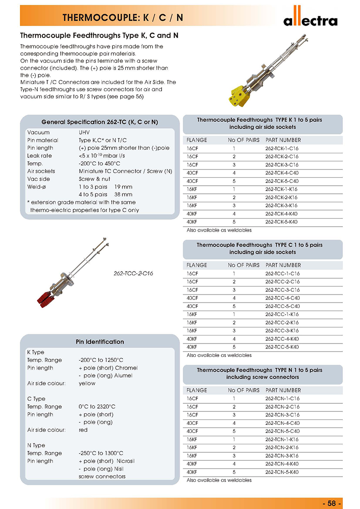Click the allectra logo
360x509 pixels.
[310, 19]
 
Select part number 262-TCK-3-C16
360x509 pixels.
[282, 165]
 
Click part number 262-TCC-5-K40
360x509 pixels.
[282, 347]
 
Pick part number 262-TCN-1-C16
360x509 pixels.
[282, 398]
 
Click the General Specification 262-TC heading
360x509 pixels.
[99, 122]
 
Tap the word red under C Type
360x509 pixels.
[83, 430]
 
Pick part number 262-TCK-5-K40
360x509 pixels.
[282, 222]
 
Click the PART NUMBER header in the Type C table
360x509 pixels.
[283, 265]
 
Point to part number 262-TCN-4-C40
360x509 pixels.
[282, 423]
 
